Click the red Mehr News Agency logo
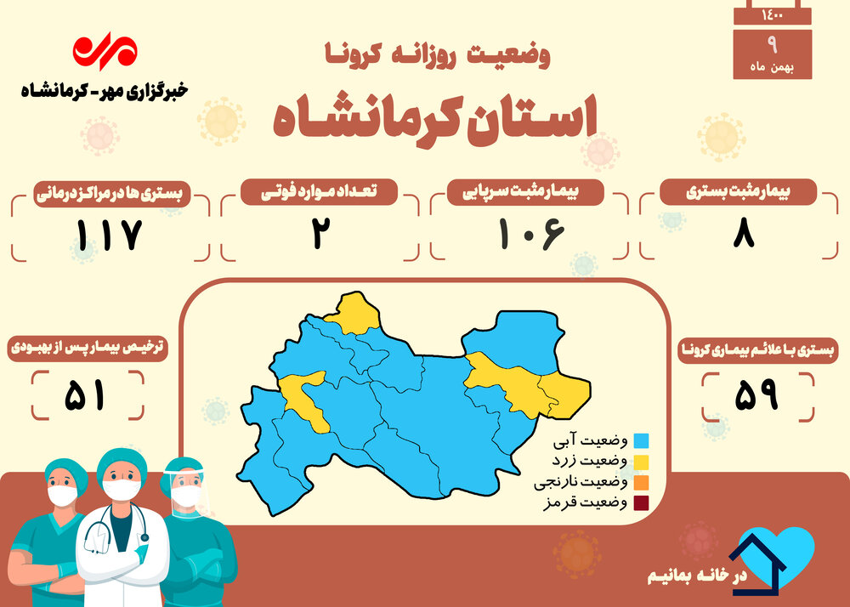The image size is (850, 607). click(105, 52)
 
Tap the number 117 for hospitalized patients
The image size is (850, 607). click(109, 235)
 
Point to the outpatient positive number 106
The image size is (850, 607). click(531, 234)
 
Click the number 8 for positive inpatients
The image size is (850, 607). click(744, 234)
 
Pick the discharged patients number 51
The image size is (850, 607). click(84, 395)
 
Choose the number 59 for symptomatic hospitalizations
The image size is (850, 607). click(756, 394)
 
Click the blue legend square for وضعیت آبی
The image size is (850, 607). click(641, 440)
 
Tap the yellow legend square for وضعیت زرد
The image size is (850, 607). click(641, 462)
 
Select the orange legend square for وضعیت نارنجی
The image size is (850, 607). click(641, 482)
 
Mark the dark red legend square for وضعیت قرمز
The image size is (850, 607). click(641, 503)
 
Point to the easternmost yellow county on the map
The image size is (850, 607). click(566, 394)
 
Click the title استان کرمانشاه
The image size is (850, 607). click(434, 121)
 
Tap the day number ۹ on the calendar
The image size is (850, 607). click(773, 45)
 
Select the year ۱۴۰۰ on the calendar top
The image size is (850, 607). click(773, 15)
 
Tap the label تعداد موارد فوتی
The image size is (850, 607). click(319, 192)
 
